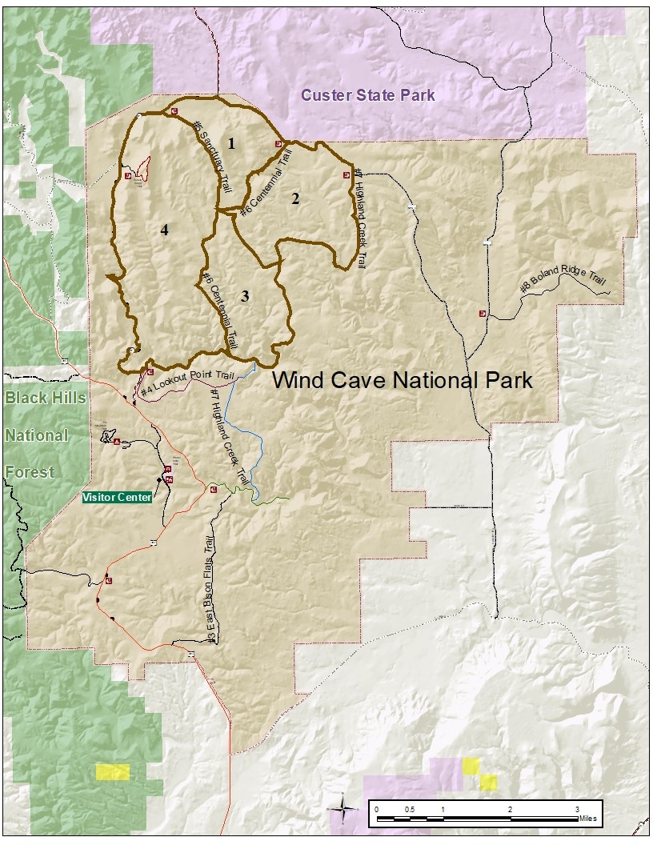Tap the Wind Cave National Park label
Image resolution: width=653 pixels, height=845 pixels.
point(403,379)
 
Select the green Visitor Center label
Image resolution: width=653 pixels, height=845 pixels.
point(117,497)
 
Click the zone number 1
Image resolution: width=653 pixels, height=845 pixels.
point(231,144)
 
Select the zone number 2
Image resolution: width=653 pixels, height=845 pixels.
point(295,198)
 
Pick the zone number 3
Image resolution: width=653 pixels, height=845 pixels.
point(245,296)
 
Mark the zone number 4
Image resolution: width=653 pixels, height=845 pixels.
point(164,230)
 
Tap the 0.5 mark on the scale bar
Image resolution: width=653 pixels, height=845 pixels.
point(410,810)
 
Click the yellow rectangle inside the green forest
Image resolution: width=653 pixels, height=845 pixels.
point(113,771)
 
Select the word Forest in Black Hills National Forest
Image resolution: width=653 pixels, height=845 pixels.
point(30,471)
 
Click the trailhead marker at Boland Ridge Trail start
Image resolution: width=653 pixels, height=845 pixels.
point(483,314)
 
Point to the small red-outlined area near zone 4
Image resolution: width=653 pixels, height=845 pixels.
point(143,169)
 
